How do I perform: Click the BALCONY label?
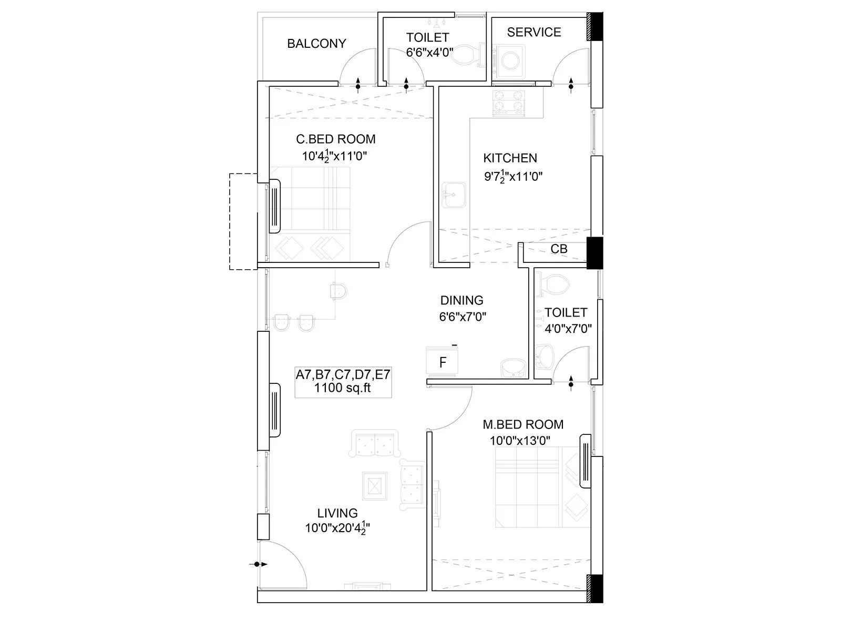pos(316,44)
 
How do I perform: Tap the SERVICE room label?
pos(534,33)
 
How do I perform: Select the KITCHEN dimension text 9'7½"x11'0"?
pos(512,176)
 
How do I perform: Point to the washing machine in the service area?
pos(510,60)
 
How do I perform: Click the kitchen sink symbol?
pos(452,196)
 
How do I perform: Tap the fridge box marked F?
pos(443,362)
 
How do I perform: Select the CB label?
pos(559,249)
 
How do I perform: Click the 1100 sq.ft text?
pos(342,389)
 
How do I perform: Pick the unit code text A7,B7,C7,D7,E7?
pos(343,375)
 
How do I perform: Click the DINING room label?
pos(461,300)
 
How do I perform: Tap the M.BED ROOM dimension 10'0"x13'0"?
pos(520,441)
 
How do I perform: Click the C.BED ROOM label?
pos(336,139)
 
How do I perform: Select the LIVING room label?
pos(337,513)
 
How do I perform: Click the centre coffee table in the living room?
pos(374,486)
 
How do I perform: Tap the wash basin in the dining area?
pos(512,368)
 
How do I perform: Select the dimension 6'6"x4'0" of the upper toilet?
pos(429,53)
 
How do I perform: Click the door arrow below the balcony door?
pos(358,85)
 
